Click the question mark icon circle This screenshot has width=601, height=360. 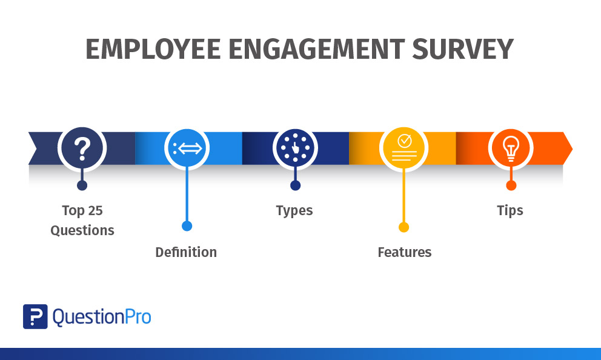(x=82, y=148)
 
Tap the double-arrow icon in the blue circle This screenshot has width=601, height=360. (x=187, y=148)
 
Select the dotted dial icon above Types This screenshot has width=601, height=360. (x=295, y=148)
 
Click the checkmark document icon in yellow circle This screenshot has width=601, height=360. (x=402, y=148)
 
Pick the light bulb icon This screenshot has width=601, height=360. (x=511, y=148)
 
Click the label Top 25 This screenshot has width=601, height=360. (x=82, y=210)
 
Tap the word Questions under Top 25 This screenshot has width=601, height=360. (x=82, y=230)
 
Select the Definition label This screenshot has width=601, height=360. (x=186, y=252)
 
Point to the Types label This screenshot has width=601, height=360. (x=294, y=211)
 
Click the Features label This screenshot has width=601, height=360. (x=404, y=252)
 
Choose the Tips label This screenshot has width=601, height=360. (x=510, y=210)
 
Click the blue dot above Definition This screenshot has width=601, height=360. (x=187, y=226)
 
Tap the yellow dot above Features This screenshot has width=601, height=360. (x=403, y=227)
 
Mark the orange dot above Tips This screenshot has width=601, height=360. (x=511, y=185)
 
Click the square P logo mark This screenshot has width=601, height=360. (x=35, y=316)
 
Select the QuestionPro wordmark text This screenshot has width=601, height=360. (x=102, y=316)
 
